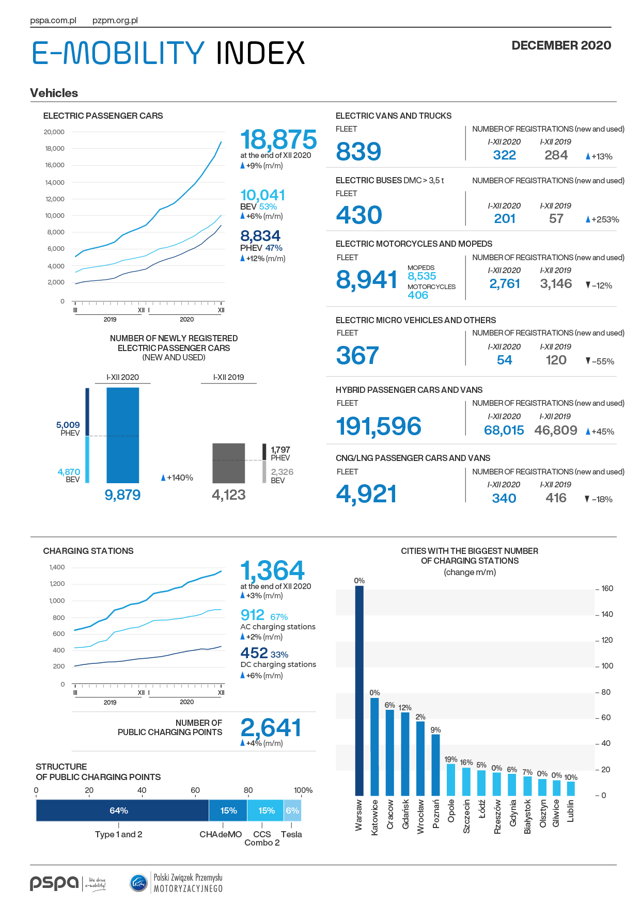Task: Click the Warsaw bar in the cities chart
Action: [x=359, y=691]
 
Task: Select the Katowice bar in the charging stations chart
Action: [x=374, y=747]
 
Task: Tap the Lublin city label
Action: [x=571, y=811]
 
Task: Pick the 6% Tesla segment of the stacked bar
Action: [x=292, y=810]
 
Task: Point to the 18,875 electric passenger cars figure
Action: [x=278, y=139]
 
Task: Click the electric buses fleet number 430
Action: [x=359, y=215]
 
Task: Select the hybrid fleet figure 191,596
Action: [x=379, y=426]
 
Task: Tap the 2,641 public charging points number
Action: [x=271, y=728]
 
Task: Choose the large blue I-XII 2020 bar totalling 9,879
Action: [x=122, y=435]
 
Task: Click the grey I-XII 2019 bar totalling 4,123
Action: [x=229, y=463]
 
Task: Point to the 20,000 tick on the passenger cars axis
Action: [x=54, y=132]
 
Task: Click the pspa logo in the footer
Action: [x=54, y=883]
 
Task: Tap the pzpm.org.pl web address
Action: [x=115, y=21]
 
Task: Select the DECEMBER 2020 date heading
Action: [x=561, y=45]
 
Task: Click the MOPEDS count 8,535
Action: [x=422, y=276]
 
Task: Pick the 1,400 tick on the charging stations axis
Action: [x=57, y=567]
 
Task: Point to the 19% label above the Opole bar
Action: [x=451, y=759]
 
